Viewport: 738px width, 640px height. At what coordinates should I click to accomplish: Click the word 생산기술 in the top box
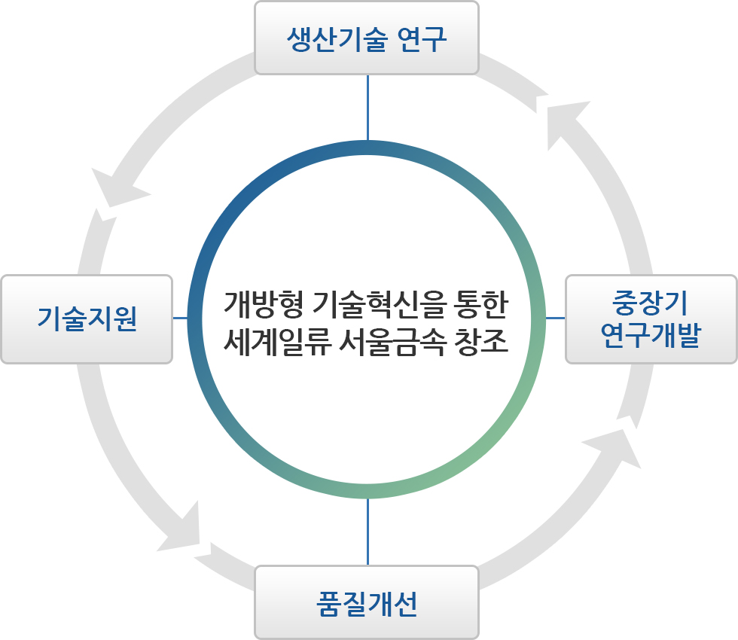pyautogui.click(x=337, y=39)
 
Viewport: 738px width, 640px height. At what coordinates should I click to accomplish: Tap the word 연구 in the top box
pyautogui.click(x=422, y=39)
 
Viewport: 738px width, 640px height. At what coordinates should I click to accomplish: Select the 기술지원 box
pyautogui.click(x=87, y=319)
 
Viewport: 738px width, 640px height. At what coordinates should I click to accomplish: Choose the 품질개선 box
pyautogui.click(x=367, y=602)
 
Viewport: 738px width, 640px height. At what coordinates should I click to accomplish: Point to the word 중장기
pyautogui.click(x=650, y=303)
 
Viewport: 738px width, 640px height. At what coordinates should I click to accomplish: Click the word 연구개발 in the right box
pyautogui.click(x=651, y=335)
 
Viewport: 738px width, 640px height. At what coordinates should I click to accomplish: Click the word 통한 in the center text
pyautogui.click(x=481, y=303)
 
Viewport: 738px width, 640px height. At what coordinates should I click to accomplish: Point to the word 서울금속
pyautogui.click(x=392, y=341)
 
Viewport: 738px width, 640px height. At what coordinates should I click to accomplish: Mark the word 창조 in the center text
pyautogui.click(x=481, y=341)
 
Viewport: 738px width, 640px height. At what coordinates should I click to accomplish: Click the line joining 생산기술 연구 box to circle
pyautogui.click(x=367, y=108)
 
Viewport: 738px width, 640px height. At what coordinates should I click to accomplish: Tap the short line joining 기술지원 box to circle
pyautogui.click(x=180, y=318)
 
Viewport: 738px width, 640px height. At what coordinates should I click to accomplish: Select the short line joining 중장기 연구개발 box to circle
pyautogui.click(x=555, y=318)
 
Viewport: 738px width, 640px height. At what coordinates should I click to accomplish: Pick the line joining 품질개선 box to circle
pyautogui.click(x=367, y=532)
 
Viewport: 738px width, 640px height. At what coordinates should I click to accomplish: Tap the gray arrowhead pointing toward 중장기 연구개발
pyautogui.click(x=614, y=447)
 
